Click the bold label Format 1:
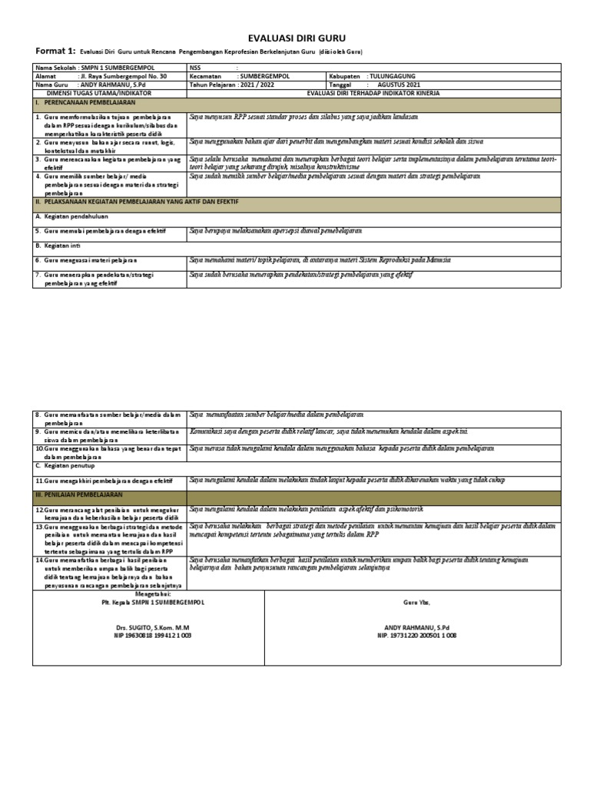pyautogui.click(x=55, y=51)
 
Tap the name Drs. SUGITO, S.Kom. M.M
pyautogui.click(x=149, y=627)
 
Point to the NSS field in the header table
pyautogui.click(x=198, y=68)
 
